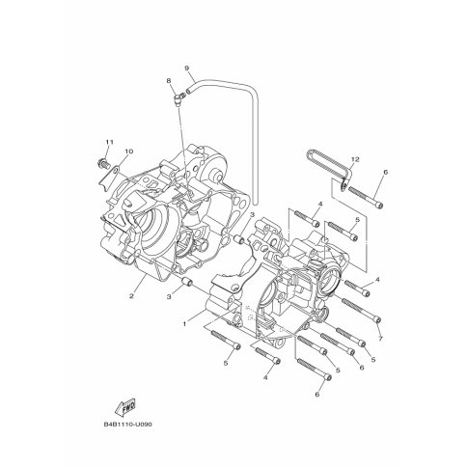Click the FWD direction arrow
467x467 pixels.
click(x=125, y=407)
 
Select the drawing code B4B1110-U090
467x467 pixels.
click(x=127, y=425)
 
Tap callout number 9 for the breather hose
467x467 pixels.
click(x=186, y=68)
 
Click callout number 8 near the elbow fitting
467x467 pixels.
click(x=169, y=81)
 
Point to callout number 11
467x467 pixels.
click(x=109, y=142)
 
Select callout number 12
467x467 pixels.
click(x=355, y=159)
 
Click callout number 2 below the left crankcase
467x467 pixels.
click(x=131, y=296)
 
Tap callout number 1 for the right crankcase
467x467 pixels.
click(x=184, y=324)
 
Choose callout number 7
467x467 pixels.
click(x=380, y=339)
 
